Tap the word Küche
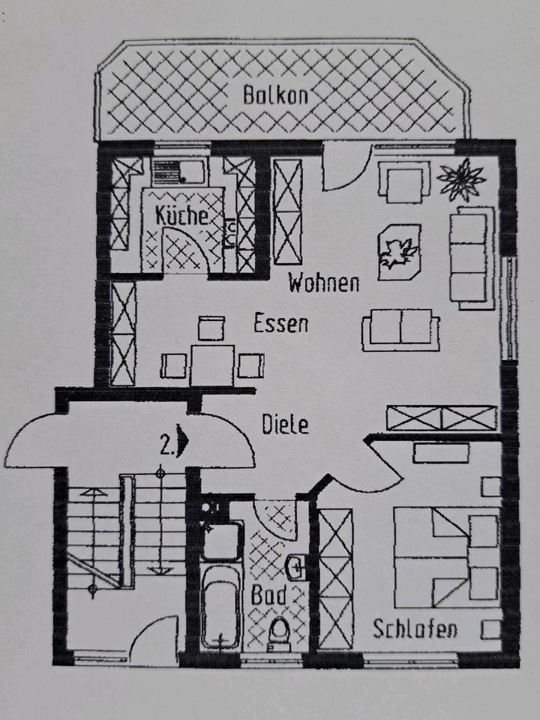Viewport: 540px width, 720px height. pyautogui.click(x=181, y=215)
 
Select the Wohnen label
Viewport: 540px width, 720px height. pyautogui.click(x=324, y=283)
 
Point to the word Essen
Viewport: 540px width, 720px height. pyautogui.click(x=280, y=324)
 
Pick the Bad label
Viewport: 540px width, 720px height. pyautogui.click(x=269, y=596)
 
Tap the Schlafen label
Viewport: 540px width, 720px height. pyautogui.click(x=415, y=628)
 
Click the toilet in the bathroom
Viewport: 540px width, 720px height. pyautogui.click(x=279, y=634)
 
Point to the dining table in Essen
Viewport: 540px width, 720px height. pyautogui.click(x=211, y=365)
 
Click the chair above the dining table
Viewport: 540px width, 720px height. pyautogui.click(x=211, y=328)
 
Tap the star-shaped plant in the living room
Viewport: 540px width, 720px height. pyautogui.click(x=460, y=180)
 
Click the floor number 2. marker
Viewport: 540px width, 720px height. pyautogui.click(x=169, y=447)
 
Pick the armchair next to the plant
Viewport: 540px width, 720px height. pyautogui.click(x=404, y=181)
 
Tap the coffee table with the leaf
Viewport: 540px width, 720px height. pyautogui.click(x=398, y=252)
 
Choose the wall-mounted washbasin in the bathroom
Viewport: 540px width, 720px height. pyautogui.click(x=298, y=568)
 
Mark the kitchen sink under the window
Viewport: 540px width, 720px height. pyautogui.click(x=180, y=172)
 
